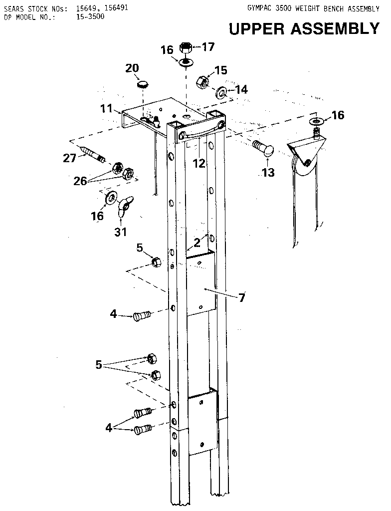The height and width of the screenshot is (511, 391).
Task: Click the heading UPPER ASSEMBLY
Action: pyautogui.click(x=304, y=29)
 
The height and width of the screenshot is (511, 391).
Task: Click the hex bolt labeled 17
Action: pyautogui.click(x=186, y=48)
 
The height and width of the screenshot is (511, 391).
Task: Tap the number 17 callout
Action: pyautogui.click(x=207, y=47)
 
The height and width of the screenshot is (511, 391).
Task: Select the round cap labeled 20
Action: pyautogui.click(x=143, y=84)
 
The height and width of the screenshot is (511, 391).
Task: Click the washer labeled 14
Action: pyautogui.click(x=221, y=92)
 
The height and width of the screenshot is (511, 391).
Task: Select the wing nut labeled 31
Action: pyautogui.click(x=123, y=205)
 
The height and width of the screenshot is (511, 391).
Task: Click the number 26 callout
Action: pyautogui.click(x=80, y=181)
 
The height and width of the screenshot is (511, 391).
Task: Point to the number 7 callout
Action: pyautogui.click(x=241, y=298)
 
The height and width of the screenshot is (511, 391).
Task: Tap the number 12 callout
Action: pyautogui.click(x=199, y=163)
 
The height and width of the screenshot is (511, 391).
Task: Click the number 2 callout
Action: pyautogui.click(x=197, y=243)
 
